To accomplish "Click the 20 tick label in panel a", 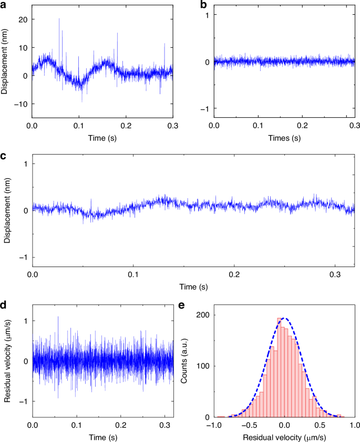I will tap(24, 19).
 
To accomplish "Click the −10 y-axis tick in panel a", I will tap(21, 104).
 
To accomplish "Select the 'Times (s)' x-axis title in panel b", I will tap(284, 139).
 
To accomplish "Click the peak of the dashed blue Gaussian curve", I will tap(284, 317).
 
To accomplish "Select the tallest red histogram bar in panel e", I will tap(279, 368).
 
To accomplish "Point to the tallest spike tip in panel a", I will tap(59, 18).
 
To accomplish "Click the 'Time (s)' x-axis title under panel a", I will tap(103, 139).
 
